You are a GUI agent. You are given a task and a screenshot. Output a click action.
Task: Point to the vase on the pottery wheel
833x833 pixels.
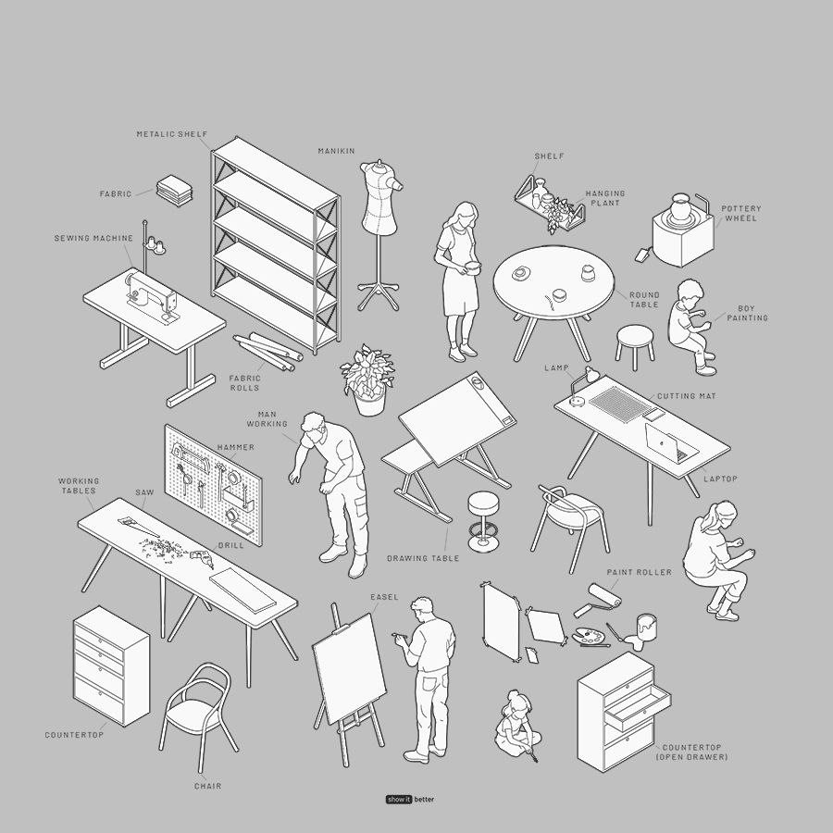tap(680, 207)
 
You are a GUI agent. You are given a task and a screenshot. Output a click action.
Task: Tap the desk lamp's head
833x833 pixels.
tap(591, 374)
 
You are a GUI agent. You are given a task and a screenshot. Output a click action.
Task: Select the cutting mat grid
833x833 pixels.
tap(620, 404)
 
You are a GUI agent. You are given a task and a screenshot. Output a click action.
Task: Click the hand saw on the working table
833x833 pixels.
tap(138, 527)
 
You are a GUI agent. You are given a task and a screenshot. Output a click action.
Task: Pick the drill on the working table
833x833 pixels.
tap(202, 557)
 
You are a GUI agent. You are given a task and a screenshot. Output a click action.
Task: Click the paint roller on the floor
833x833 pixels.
tap(598, 600)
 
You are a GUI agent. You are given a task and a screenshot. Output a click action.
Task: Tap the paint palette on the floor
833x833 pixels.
tap(591, 635)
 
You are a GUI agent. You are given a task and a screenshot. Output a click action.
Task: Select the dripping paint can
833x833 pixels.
tap(645, 629)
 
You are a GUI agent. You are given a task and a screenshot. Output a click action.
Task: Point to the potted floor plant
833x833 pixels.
tap(368, 379)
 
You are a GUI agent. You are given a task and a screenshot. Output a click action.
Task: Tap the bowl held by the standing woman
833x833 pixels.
tap(471, 267)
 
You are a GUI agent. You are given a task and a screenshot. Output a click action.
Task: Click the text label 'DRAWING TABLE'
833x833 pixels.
tap(423, 558)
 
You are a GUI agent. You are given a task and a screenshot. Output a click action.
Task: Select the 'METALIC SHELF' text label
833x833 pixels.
tap(172, 134)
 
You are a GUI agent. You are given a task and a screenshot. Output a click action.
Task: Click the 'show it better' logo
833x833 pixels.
tap(410, 800)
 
